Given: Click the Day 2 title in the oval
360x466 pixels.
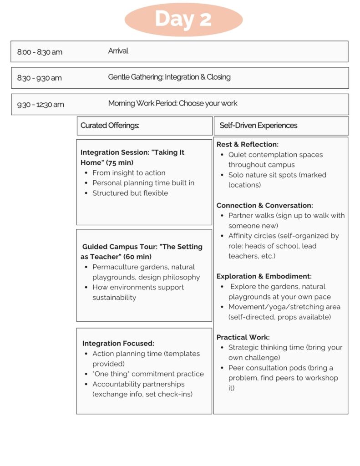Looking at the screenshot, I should [183, 19].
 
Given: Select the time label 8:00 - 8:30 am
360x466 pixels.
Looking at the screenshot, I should [40, 52].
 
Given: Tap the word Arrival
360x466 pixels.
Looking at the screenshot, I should [118, 51].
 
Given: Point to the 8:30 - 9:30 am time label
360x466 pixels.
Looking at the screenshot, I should [39, 78].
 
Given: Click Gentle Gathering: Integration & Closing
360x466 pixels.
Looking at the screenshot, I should [169, 77].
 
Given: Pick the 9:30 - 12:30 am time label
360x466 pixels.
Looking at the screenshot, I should [41, 104].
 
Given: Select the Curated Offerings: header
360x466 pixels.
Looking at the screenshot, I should [110, 125].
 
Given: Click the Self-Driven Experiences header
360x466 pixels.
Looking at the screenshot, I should [258, 125].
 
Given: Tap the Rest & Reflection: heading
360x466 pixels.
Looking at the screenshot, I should [247, 144].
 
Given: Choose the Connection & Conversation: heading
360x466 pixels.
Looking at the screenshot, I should [264, 205].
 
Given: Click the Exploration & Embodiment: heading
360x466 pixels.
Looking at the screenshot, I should [264, 276].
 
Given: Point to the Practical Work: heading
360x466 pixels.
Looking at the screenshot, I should [243, 337].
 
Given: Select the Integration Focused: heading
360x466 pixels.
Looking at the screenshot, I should [118, 344].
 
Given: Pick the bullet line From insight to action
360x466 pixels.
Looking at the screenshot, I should [129, 173].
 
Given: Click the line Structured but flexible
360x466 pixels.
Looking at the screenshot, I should [130, 193].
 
